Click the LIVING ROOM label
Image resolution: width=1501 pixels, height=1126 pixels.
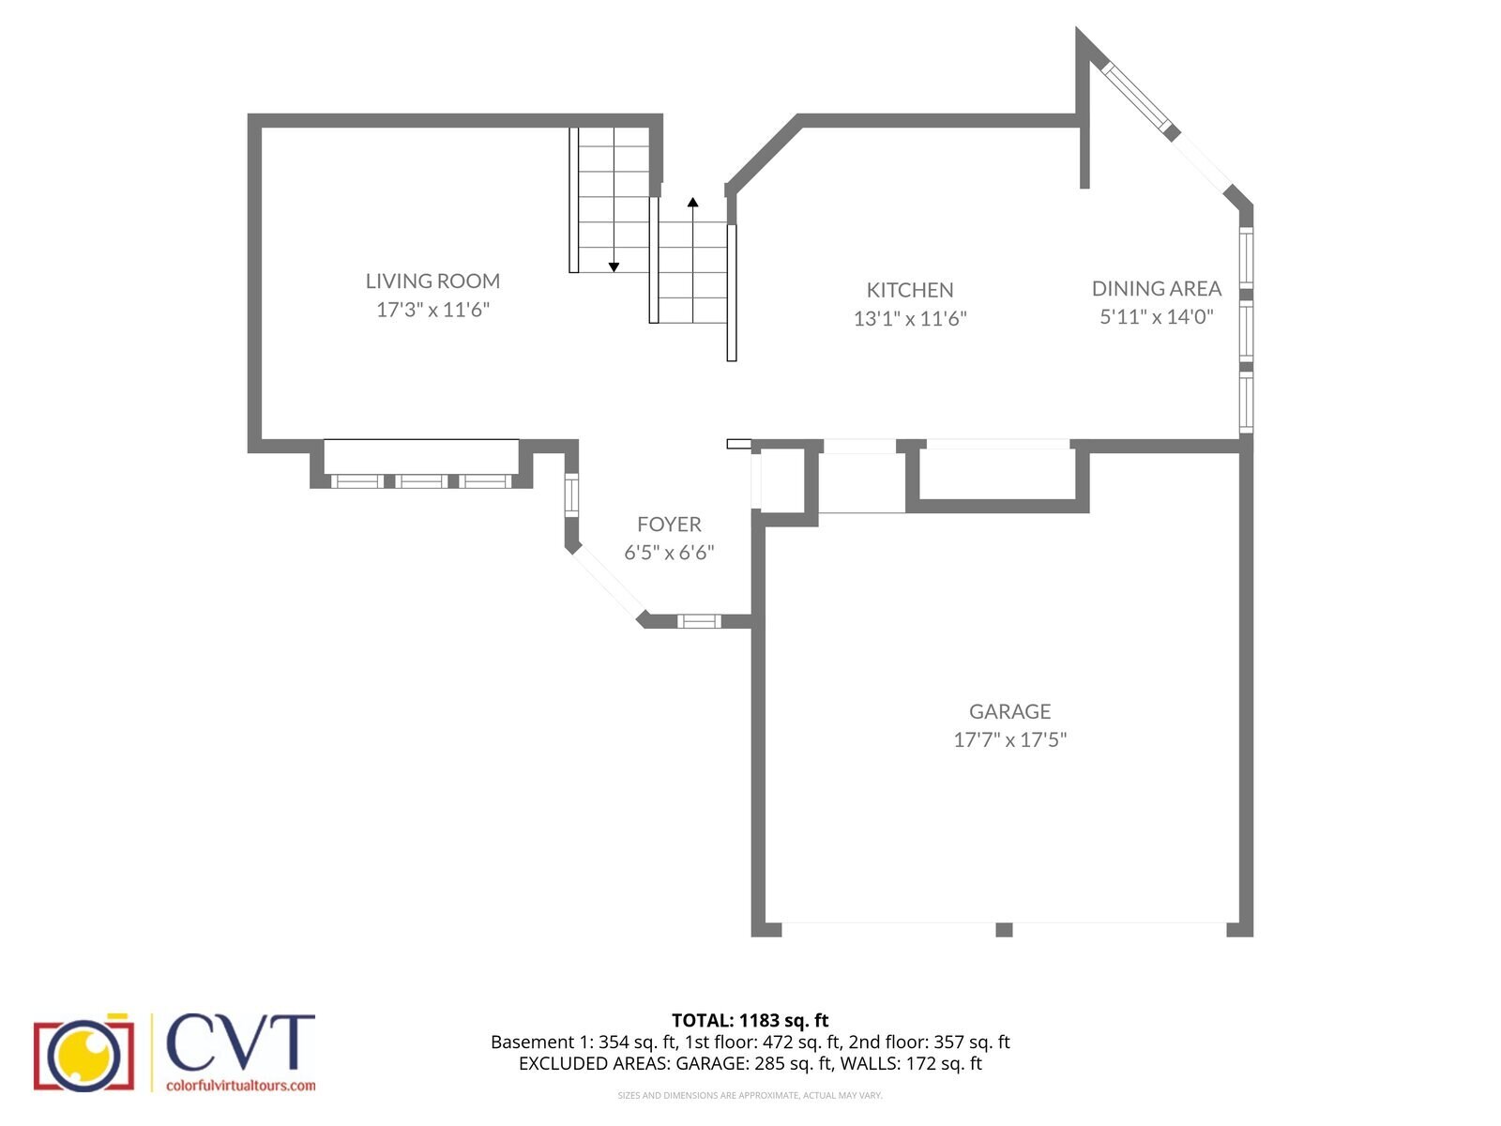(432, 281)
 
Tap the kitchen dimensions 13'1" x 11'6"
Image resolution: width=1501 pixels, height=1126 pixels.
(909, 318)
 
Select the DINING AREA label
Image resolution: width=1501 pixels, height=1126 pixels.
(1156, 288)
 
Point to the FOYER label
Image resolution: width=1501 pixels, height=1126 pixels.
(669, 525)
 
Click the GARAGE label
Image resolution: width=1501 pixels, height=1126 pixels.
(1009, 711)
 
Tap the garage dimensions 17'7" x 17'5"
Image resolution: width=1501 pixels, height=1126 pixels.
(1009, 739)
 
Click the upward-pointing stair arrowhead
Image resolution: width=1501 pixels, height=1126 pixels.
(692, 202)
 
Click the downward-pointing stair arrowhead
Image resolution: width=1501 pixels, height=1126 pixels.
(614, 267)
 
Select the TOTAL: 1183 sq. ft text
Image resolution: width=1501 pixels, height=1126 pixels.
(750, 1020)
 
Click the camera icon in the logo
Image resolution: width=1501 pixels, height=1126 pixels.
(83, 1054)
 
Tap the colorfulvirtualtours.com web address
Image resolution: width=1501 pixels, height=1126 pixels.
(240, 1086)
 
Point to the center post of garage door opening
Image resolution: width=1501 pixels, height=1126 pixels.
(1004, 930)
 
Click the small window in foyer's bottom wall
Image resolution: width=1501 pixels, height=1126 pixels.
(699, 620)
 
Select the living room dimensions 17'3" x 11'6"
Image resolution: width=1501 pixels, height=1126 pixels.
(432, 310)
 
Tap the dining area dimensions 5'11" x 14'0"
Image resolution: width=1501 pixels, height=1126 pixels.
(1156, 316)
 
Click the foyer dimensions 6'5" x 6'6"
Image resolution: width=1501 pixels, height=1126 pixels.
(669, 553)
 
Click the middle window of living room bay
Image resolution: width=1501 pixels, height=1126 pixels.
(421, 481)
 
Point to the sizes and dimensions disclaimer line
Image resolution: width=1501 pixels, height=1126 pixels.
(750, 1095)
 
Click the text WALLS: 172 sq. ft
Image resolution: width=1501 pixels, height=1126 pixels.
(910, 1063)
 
